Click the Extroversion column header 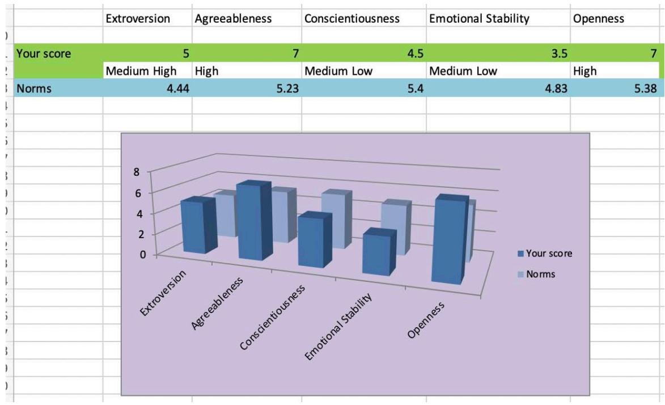click(138, 19)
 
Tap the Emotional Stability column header click(480, 19)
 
